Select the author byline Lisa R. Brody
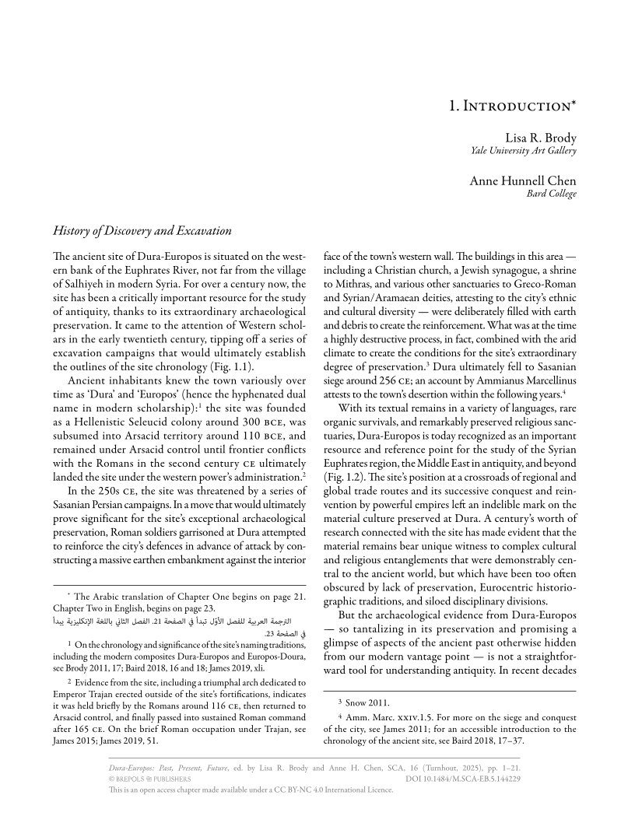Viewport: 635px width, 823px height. [541, 137]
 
